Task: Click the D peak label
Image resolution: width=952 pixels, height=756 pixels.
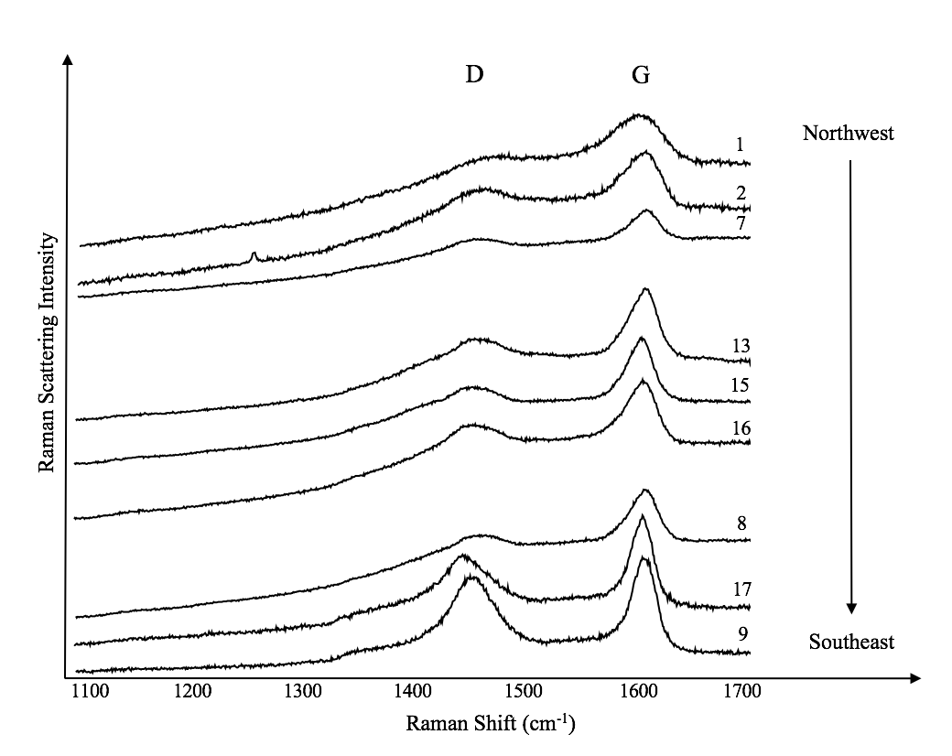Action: point(474,75)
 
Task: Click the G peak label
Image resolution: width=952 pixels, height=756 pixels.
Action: point(641,76)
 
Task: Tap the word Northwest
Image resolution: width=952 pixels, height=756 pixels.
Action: point(848,134)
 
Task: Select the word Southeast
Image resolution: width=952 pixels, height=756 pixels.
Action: point(851,643)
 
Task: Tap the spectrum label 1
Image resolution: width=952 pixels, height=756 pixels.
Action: point(739,145)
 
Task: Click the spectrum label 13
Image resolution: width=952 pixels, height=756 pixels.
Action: point(741,346)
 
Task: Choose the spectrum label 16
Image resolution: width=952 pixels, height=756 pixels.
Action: point(741,427)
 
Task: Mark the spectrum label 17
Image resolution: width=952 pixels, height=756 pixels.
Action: point(741,589)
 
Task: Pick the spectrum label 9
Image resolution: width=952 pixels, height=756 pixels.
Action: point(741,632)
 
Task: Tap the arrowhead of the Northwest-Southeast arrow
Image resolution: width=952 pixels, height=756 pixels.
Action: point(851,608)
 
